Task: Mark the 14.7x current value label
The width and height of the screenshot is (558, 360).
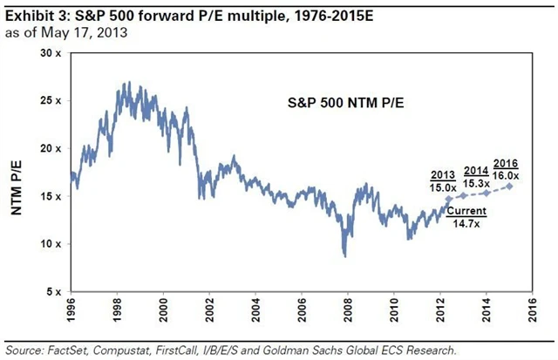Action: [459, 223]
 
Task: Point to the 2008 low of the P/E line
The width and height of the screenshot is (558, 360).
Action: [345, 255]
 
